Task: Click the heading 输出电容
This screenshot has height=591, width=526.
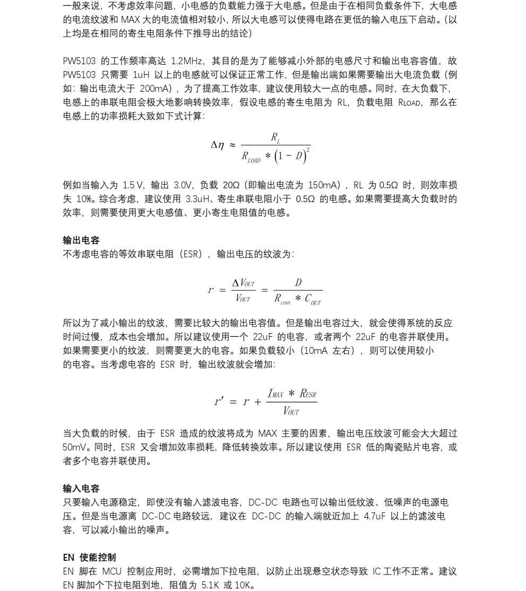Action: (81, 240)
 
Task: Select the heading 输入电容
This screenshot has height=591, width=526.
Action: (81, 489)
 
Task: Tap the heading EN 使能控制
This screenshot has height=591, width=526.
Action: (89, 558)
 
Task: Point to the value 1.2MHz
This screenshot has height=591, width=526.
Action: (188, 61)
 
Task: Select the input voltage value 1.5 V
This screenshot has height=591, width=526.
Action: (133, 185)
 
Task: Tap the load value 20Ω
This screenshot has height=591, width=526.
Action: (231, 185)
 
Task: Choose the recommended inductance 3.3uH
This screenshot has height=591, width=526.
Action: (200, 199)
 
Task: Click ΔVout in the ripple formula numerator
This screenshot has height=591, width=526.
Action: (244, 283)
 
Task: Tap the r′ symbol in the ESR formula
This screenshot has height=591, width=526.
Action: (218, 402)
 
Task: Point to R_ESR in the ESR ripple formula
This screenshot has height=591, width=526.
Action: (308, 394)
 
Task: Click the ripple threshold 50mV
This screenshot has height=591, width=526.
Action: (74, 447)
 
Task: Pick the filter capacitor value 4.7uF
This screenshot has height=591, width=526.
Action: (375, 516)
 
